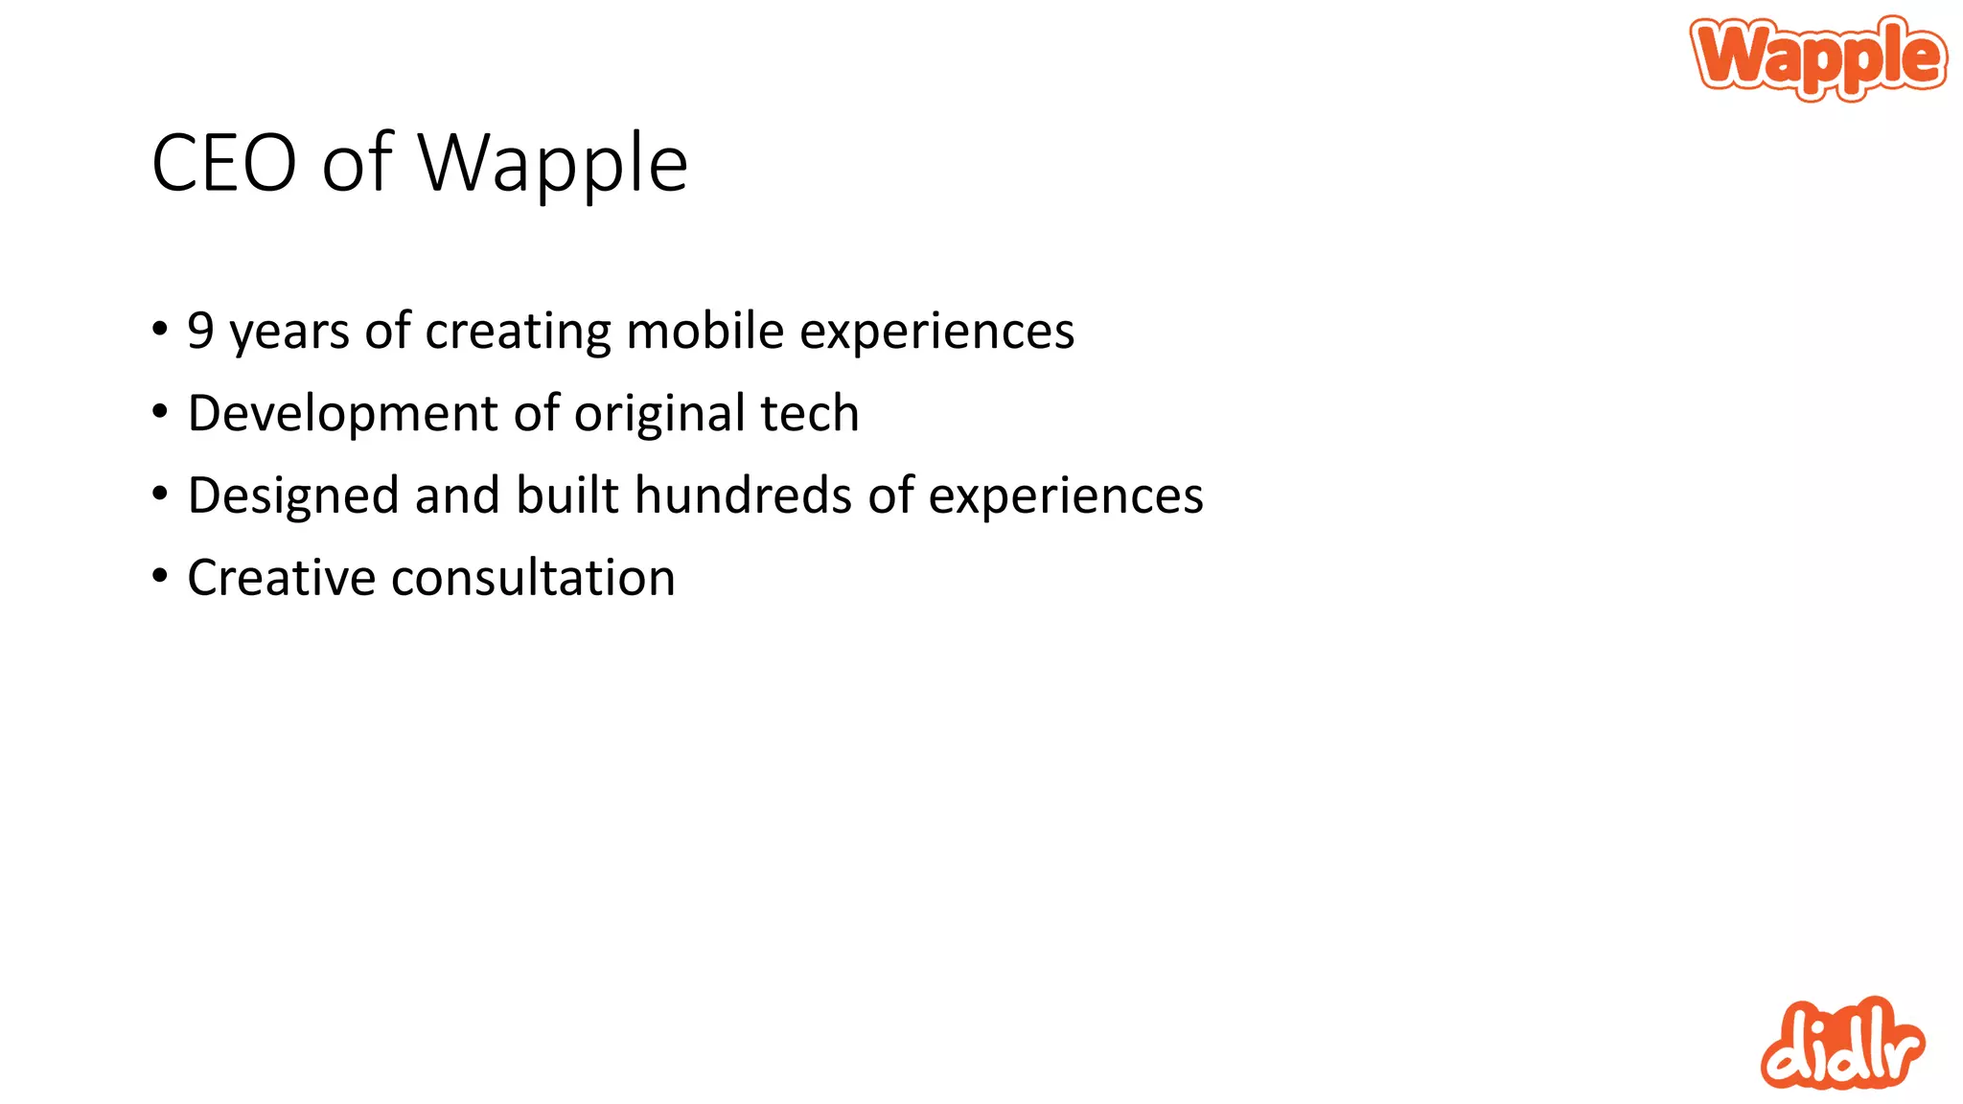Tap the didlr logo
click(1841, 1046)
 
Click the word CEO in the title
click(224, 164)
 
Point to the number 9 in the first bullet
click(200, 331)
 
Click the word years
click(289, 333)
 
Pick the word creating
click(518, 333)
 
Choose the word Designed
click(292, 496)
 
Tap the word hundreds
click(743, 495)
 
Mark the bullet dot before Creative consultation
click(160, 576)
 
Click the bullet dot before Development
click(160, 412)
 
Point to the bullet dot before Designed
click(160, 494)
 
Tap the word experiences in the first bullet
click(936, 333)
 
